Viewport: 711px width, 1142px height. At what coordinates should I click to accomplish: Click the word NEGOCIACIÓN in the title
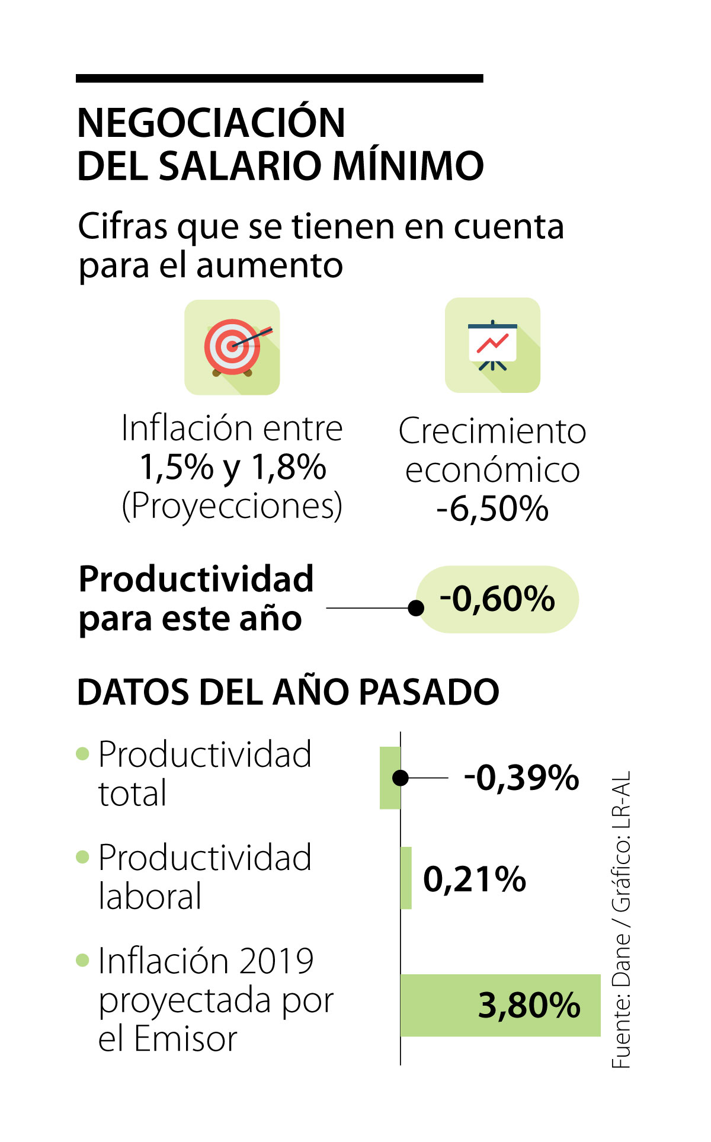[211, 123]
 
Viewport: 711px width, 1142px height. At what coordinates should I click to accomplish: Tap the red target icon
[232, 347]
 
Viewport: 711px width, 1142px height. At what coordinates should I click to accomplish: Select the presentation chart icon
[492, 345]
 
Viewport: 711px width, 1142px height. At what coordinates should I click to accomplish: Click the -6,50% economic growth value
[492, 509]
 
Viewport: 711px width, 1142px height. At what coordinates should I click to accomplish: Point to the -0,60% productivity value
[497, 599]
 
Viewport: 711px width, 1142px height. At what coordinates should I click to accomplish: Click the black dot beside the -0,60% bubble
[417, 607]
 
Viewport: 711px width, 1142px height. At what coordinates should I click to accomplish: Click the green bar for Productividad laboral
[406, 878]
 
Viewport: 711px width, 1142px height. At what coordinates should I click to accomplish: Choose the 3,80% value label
[529, 1005]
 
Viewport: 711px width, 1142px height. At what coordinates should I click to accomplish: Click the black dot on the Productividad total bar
[401, 778]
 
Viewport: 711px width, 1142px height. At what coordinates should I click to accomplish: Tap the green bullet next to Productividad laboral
[83, 857]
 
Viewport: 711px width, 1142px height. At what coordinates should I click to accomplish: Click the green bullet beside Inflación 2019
[83, 960]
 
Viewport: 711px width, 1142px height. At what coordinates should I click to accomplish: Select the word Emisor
[185, 1038]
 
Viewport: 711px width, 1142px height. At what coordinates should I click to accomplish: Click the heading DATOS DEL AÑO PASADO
[288, 692]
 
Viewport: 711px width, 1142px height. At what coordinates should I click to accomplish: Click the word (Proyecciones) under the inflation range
[232, 506]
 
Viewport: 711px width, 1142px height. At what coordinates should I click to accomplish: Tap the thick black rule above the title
[279, 78]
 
